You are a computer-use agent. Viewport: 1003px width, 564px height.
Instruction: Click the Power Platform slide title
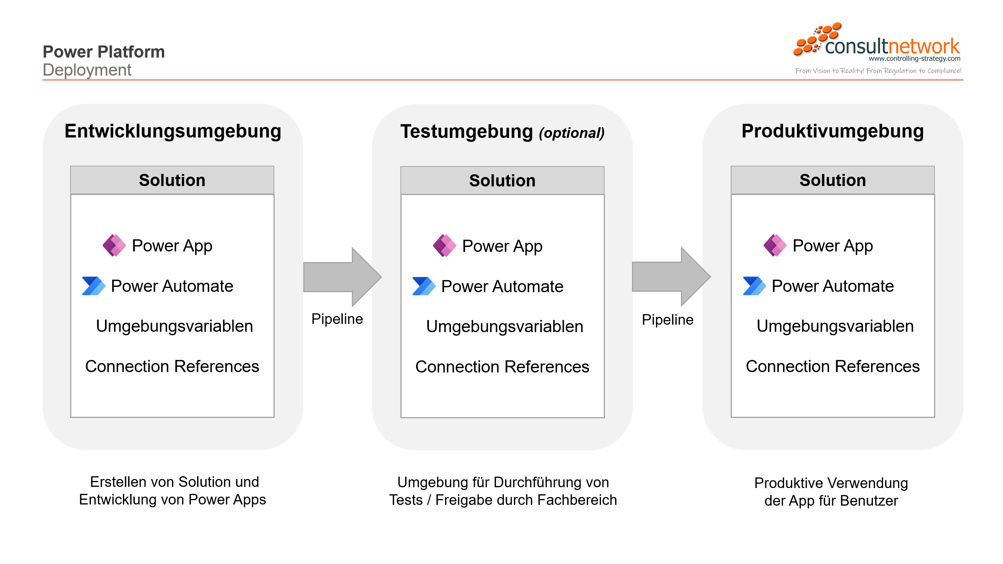point(103,52)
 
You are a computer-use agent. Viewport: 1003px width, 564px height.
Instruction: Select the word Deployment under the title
point(87,70)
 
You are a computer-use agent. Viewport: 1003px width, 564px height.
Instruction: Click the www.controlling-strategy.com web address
point(914,59)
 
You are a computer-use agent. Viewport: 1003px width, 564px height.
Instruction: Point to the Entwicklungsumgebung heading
point(173,131)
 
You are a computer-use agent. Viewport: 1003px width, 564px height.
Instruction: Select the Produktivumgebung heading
point(833,131)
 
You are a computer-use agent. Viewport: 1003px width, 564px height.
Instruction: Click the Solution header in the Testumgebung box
point(502,181)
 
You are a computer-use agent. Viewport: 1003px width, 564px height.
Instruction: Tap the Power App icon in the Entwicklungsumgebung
point(114,246)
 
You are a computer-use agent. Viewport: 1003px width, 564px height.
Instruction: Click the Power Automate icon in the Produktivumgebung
point(754,286)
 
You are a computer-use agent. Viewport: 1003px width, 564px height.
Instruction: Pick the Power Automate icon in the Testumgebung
point(424,286)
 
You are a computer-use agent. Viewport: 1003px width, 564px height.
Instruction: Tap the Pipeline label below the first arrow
point(337,319)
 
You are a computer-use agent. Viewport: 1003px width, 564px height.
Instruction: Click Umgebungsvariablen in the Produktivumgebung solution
point(835,326)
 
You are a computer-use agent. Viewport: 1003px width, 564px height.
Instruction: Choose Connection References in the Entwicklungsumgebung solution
point(172,367)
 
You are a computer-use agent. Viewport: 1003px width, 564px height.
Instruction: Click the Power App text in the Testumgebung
point(502,246)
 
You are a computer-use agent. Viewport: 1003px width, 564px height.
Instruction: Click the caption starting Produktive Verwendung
point(831,492)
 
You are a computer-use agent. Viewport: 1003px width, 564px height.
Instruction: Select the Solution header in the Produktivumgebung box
point(833,180)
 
